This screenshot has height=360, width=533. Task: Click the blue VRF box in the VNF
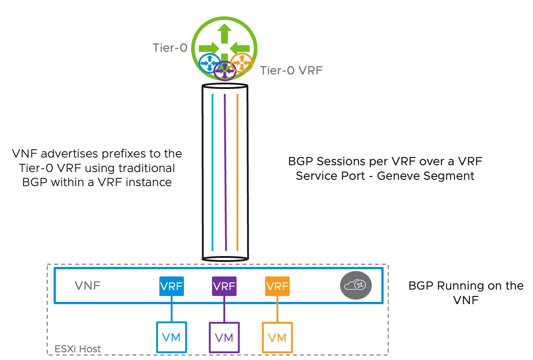[x=171, y=287]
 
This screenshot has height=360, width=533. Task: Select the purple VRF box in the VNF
[x=224, y=287]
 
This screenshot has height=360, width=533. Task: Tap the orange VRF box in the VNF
[x=277, y=287]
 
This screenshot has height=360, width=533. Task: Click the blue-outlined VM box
[x=171, y=337]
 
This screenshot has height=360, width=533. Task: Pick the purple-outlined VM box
[x=224, y=337]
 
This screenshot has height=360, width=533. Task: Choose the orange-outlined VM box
[x=277, y=337]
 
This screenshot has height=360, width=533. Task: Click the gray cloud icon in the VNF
[x=356, y=285]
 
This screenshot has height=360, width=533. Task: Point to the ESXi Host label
[x=78, y=349]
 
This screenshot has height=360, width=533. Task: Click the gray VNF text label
[x=87, y=286]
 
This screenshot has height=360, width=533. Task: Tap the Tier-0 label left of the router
[x=170, y=48]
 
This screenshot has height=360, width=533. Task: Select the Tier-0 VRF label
[x=291, y=70]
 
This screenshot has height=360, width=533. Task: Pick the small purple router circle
[x=225, y=70]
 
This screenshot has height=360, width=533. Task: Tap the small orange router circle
[x=241, y=63]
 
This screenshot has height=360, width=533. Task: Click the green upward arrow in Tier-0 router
[x=224, y=35]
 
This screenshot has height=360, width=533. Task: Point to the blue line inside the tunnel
[x=212, y=173]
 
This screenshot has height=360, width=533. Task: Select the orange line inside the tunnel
[x=237, y=173]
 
